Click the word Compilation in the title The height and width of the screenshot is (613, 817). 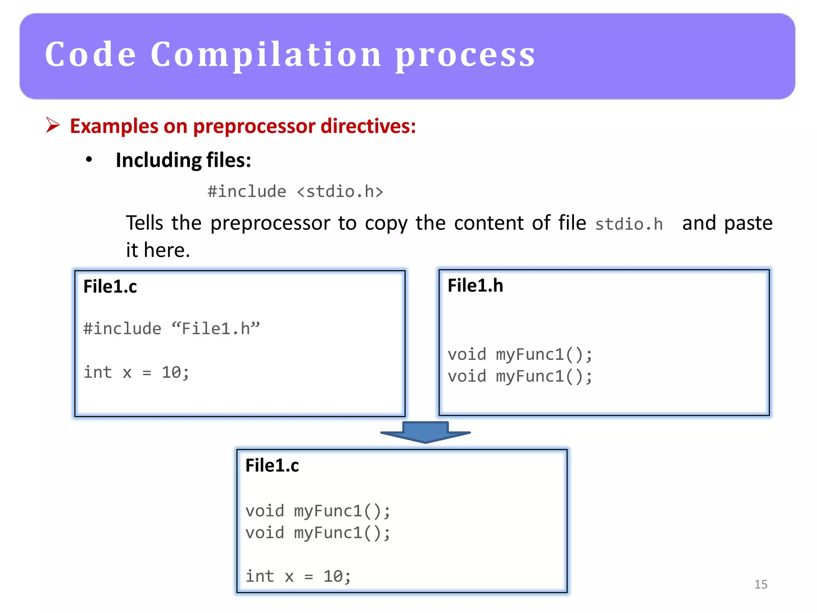tap(266, 55)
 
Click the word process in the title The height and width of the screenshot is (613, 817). tap(465, 56)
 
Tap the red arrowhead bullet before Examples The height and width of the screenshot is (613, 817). tap(53, 125)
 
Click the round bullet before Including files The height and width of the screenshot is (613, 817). tap(89, 160)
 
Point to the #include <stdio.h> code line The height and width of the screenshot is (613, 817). tap(295, 192)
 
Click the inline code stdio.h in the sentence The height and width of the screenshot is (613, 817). tap(629, 224)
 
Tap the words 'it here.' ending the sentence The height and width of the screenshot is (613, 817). tap(158, 250)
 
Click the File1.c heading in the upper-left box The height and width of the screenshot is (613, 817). tap(110, 287)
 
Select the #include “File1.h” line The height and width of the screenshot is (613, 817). tap(172, 329)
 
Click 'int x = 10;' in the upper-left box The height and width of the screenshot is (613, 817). tap(136, 372)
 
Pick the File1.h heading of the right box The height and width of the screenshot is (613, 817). tap(475, 286)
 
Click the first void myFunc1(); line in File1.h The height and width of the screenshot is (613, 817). tap(520, 354)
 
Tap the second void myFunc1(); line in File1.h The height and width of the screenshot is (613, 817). tap(520, 376)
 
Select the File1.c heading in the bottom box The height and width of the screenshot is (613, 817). tap(272, 466)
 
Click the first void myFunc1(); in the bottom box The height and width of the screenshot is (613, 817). tap(318, 511)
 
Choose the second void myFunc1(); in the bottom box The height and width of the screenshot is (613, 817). tap(318, 533)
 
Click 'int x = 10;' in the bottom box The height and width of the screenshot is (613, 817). tap(298, 576)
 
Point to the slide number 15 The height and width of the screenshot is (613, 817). tap(761, 584)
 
